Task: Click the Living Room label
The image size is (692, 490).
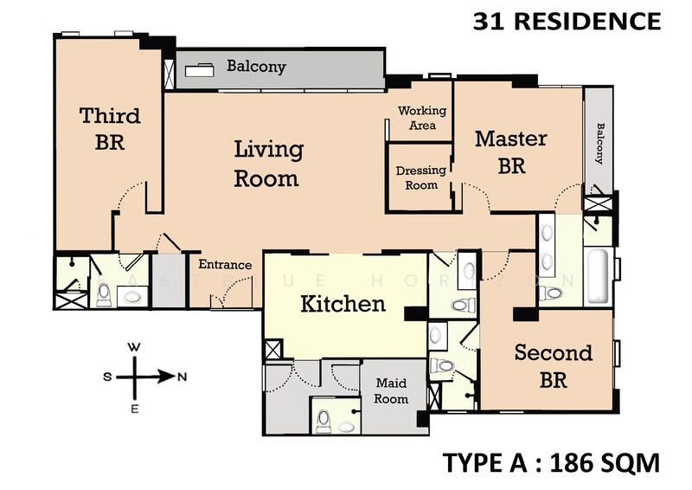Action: tap(268, 164)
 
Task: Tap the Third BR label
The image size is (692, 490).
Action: tap(110, 128)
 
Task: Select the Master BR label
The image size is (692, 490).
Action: tap(511, 152)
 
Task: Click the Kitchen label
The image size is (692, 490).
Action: tap(343, 304)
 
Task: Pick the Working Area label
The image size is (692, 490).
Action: tap(422, 118)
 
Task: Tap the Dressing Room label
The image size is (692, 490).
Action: tap(421, 177)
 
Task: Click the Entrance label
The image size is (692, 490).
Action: tap(226, 265)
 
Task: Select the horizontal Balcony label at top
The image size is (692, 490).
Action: tap(256, 67)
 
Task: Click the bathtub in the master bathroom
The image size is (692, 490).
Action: tap(600, 276)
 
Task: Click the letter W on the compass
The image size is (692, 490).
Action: tap(135, 346)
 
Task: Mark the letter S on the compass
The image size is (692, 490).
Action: tap(107, 377)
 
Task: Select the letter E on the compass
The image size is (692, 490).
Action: tap(135, 409)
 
